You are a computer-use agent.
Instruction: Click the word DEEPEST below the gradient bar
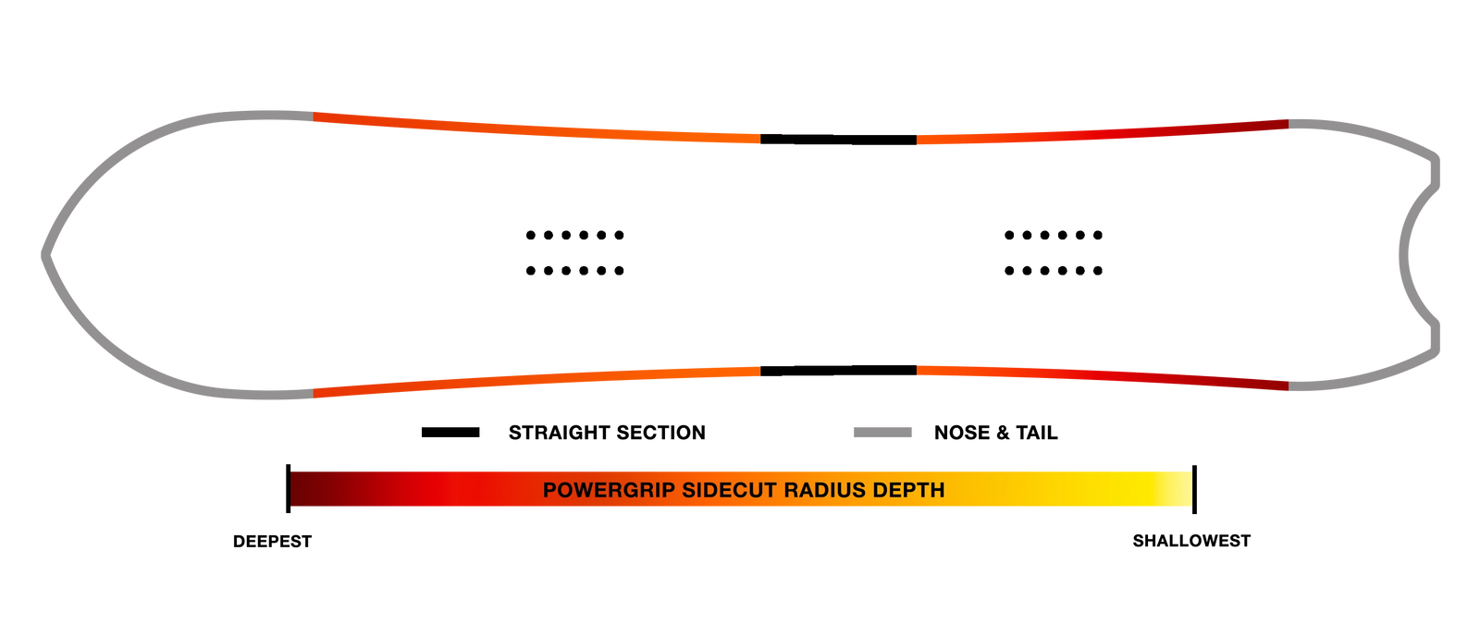[272, 542]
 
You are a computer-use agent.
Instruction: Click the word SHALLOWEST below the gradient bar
[1191, 541]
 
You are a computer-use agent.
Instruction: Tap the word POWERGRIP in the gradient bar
[609, 490]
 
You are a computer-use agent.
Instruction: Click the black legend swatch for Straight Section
[450, 433]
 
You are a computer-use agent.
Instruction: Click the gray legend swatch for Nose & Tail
[882, 433]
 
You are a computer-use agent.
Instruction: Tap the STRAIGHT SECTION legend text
[607, 433]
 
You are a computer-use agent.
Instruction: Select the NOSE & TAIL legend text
[995, 433]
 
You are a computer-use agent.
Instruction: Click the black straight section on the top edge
[838, 140]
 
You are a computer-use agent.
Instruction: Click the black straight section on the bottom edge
[838, 371]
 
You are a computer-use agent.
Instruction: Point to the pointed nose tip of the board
[44, 255]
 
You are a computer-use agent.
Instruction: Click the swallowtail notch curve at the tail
[1404, 255]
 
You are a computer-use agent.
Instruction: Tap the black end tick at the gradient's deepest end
[288, 489]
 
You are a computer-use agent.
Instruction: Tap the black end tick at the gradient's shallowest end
[1194, 489]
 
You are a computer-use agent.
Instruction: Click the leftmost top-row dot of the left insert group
[531, 235]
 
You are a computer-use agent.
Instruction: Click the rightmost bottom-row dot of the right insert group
[1097, 271]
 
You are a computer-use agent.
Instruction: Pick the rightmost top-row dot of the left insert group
[619, 235]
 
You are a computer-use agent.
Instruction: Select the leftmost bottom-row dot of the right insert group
[1009, 271]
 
